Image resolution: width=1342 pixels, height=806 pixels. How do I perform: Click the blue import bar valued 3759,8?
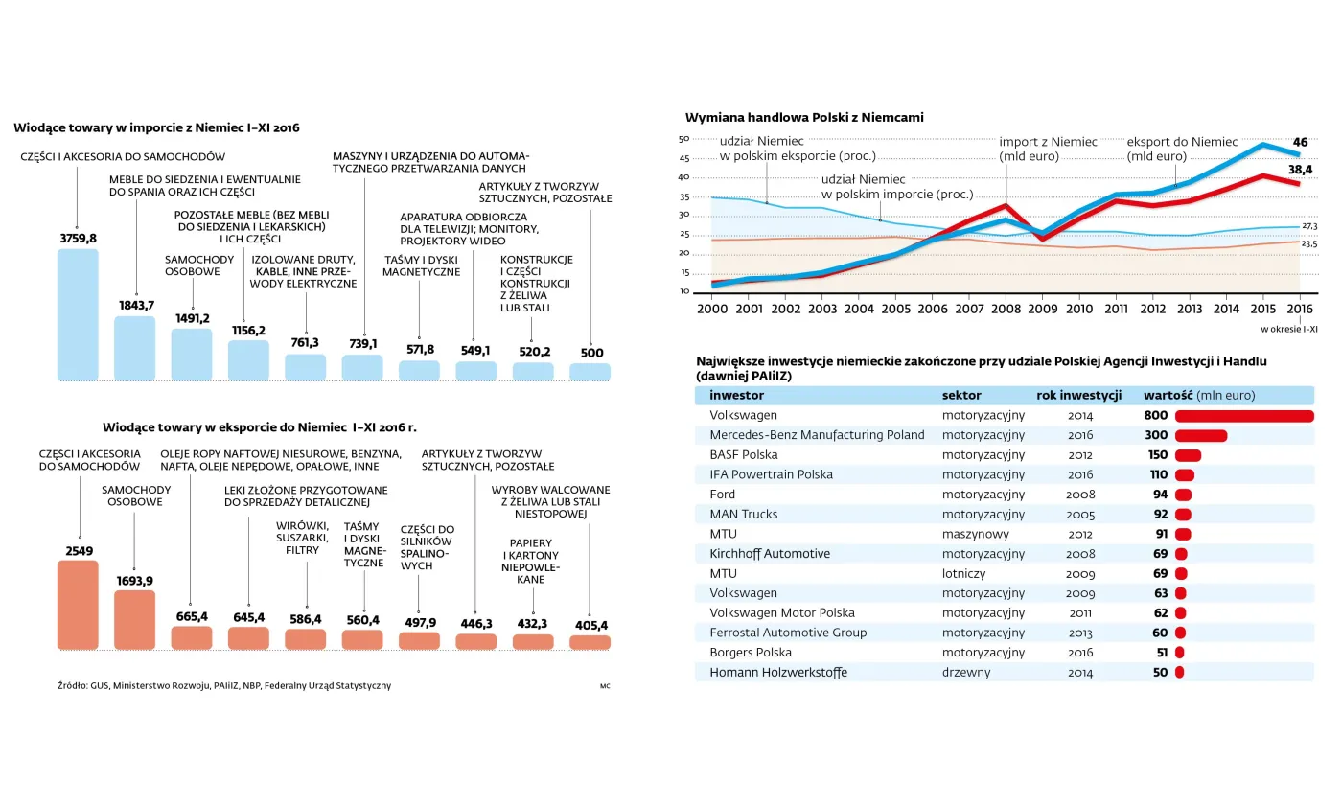[78, 314]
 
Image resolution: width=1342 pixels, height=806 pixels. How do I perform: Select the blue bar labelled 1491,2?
[192, 355]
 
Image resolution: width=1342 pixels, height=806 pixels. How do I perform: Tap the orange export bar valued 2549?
[78, 605]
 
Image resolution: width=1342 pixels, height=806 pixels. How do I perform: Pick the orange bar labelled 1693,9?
[134, 619]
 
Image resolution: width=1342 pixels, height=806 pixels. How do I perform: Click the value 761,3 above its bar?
[305, 343]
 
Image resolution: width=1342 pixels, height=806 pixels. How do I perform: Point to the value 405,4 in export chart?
[590, 626]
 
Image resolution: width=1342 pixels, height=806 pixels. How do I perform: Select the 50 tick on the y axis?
[684, 139]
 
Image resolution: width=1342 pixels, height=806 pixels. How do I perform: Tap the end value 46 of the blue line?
[1301, 141]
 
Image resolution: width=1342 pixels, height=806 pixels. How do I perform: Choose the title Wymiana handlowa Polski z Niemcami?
[804, 117]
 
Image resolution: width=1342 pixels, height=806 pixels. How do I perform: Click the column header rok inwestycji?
[1078, 395]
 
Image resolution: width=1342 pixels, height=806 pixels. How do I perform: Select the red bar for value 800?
[1244, 416]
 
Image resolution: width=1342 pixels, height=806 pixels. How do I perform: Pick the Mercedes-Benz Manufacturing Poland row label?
[817, 435]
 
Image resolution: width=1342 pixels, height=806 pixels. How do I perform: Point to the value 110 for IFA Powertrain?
[1158, 474]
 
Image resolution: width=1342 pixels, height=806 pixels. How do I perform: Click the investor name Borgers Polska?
[751, 653]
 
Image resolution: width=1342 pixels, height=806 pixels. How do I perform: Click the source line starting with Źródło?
[223, 686]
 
